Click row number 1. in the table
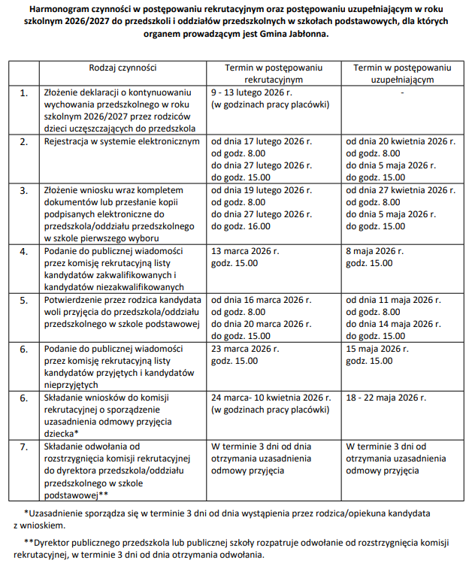click(x=24, y=93)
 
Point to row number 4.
click(x=24, y=251)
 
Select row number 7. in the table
click(x=24, y=447)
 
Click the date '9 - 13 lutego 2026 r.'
click(x=251, y=93)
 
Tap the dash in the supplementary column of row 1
click(x=403, y=93)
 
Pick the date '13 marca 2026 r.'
click(x=247, y=251)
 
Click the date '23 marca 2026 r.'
click(x=247, y=349)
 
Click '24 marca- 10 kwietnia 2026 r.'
click(x=271, y=398)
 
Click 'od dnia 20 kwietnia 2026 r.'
click(x=401, y=141)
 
